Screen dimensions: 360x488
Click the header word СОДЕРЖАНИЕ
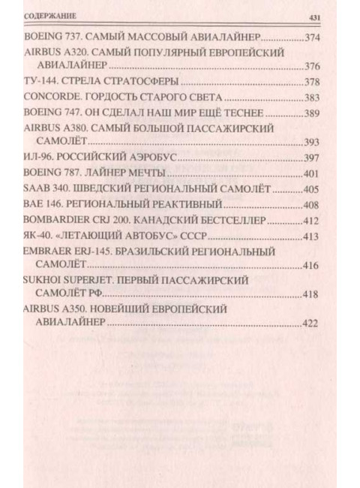pos(53,16)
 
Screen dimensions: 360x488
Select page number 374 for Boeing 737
pos(310,37)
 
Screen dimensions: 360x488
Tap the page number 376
pos(310,66)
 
